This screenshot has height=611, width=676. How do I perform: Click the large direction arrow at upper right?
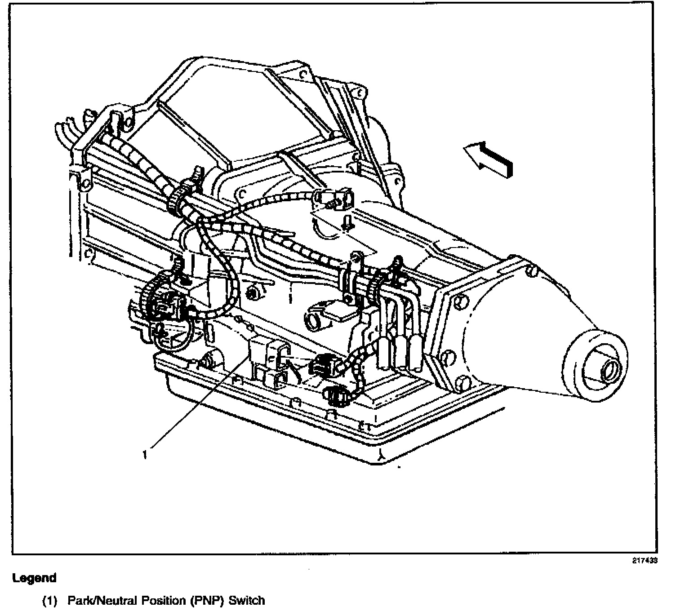click(x=489, y=159)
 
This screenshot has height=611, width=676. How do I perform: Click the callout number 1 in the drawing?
click(x=145, y=455)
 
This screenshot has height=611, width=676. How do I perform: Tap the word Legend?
click(x=35, y=578)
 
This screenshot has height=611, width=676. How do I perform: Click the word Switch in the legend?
click(x=247, y=600)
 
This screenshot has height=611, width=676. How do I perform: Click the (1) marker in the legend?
click(x=50, y=601)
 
